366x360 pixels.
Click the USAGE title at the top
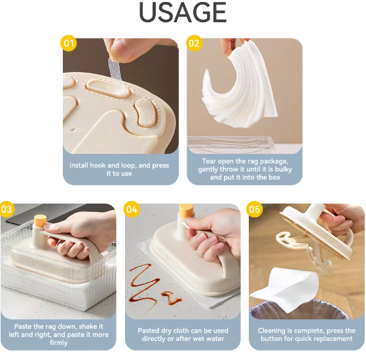pyautogui.click(x=183, y=13)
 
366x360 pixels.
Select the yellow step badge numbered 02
pyautogui.click(x=194, y=43)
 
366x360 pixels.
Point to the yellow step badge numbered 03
pyautogui.click(x=7, y=209)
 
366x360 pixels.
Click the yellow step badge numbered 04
pyautogui.click(x=132, y=209)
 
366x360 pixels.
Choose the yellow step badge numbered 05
pyautogui.click(x=255, y=209)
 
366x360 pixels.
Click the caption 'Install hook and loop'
pyautogui.click(x=120, y=170)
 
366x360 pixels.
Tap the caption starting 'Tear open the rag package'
pyautogui.click(x=245, y=170)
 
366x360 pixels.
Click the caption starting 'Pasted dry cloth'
pyautogui.click(x=183, y=334)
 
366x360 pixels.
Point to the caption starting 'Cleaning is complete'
pyautogui.click(x=306, y=334)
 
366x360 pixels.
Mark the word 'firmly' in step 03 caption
pyautogui.click(x=58, y=342)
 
